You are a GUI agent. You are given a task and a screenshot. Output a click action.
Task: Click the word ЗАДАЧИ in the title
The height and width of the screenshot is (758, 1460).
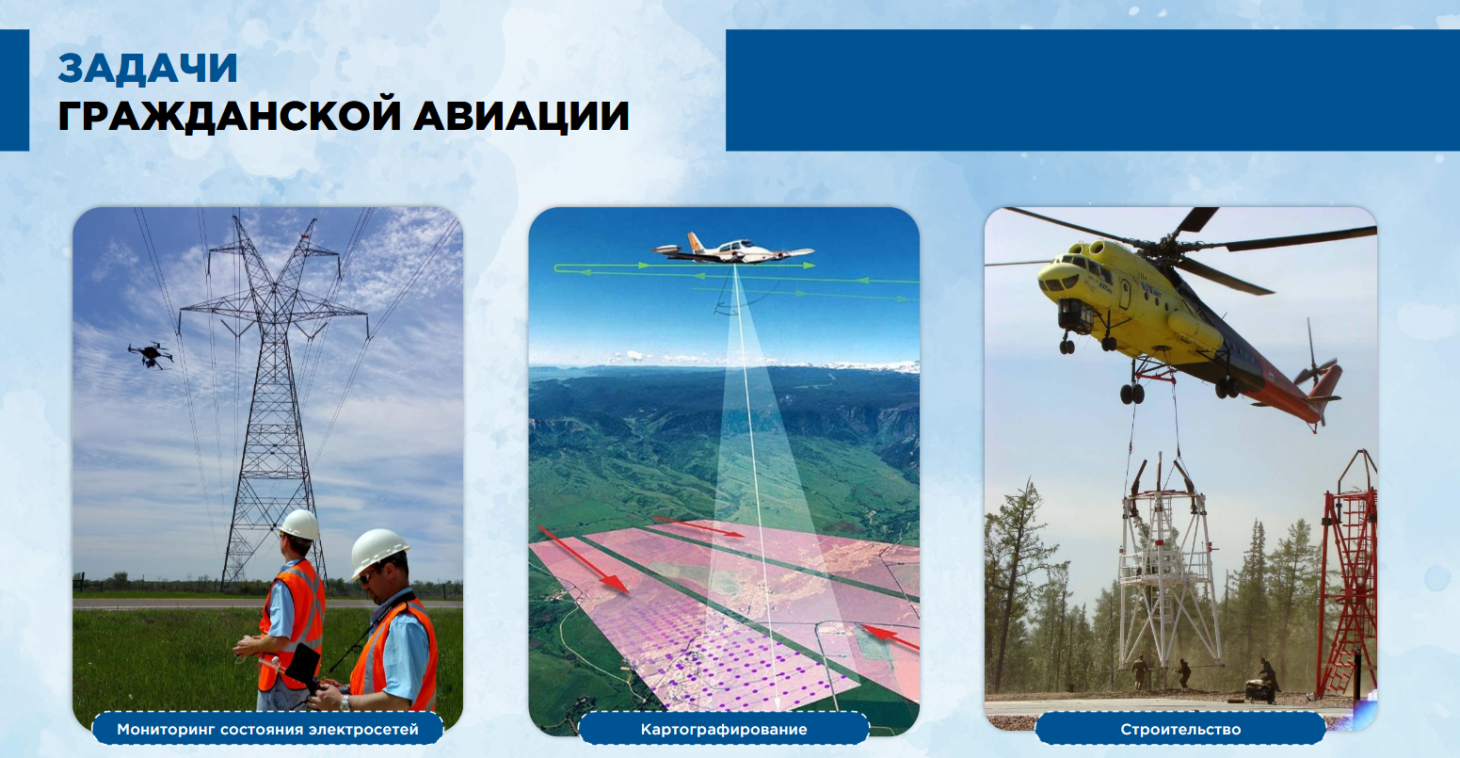[147, 69]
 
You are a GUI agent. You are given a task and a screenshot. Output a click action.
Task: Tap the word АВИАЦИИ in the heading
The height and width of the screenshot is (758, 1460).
[521, 117]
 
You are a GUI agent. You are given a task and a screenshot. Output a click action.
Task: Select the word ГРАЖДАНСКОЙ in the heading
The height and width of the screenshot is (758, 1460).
[229, 116]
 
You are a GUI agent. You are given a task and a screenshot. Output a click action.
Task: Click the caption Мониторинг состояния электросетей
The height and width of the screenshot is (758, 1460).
[268, 730]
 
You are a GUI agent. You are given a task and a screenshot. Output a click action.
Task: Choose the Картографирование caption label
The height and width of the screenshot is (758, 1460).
[724, 730]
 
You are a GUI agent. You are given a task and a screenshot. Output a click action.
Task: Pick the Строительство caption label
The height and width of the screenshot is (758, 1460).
[1180, 730]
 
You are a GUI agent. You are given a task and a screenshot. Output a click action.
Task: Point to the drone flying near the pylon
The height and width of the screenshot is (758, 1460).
[151, 355]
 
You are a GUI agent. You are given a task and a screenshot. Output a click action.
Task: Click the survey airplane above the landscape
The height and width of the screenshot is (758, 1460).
[733, 249]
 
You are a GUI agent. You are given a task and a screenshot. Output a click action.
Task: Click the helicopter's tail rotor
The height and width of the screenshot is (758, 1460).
[1314, 365]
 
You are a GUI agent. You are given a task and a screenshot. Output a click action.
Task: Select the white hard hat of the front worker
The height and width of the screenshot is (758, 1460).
[377, 552]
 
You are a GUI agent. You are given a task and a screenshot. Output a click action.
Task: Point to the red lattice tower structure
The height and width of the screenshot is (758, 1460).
[1349, 573]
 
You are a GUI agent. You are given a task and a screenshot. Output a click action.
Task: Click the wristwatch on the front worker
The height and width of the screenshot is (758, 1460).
[345, 702]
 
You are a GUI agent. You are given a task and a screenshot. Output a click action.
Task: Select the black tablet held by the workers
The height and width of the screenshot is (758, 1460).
[303, 665]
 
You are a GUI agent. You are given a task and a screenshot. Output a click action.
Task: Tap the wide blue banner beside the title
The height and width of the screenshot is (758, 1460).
[1092, 90]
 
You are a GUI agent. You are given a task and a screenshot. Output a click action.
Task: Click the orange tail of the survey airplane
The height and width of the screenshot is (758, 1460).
[696, 242]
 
